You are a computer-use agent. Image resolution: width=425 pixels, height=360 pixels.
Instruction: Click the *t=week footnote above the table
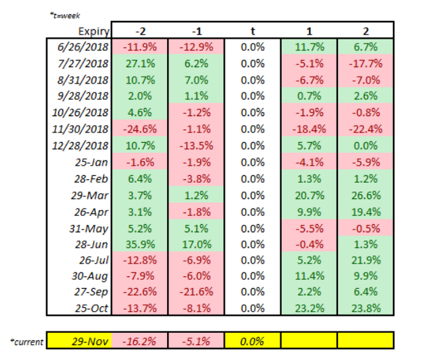(x=65, y=16)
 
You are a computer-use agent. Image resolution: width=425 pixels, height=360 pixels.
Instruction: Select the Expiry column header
(x=94, y=31)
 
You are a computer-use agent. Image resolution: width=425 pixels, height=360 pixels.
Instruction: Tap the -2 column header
(x=141, y=31)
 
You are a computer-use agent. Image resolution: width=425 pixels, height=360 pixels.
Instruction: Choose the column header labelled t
(x=253, y=31)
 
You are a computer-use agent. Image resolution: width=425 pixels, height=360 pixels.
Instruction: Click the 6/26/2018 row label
(x=83, y=47)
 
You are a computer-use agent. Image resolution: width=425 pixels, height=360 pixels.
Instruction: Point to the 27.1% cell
(x=140, y=64)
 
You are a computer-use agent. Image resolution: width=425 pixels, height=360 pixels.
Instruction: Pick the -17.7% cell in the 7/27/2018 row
(x=365, y=64)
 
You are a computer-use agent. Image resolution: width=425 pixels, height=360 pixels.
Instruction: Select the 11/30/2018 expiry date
(x=80, y=129)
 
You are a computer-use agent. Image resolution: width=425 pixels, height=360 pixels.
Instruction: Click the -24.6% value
(x=140, y=129)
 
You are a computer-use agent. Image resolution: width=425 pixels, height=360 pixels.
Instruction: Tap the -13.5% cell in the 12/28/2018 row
(x=196, y=146)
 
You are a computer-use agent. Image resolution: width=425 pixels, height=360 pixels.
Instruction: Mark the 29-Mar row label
(x=90, y=196)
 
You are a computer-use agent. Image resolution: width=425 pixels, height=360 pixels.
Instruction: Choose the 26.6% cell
(x=366, y=196)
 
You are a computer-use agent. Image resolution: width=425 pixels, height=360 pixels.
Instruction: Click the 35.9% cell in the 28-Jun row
(x=140, y=245)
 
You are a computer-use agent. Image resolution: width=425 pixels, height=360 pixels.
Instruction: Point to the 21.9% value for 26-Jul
(x=366, y=261)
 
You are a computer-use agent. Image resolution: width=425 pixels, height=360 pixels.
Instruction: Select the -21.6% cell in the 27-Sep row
(x=196, y=292)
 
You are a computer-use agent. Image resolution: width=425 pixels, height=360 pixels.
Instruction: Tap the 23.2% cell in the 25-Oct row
(x=310, y=308)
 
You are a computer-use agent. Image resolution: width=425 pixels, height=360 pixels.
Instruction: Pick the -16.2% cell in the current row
(x=139, y=341)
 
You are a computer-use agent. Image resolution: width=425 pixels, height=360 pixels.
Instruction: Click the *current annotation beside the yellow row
(x=26, y=342)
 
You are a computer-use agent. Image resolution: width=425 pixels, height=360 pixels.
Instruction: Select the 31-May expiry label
(x=89, y=229)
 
